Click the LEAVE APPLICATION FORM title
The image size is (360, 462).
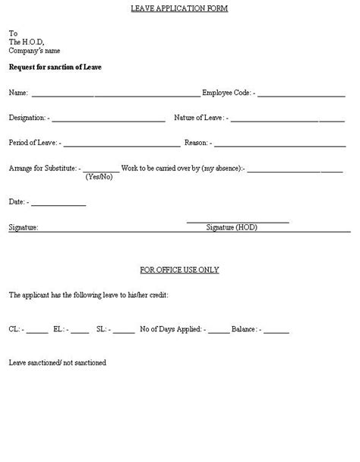pos(179,8)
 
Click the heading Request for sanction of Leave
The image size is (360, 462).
pos(55,67)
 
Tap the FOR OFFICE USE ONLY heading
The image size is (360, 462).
pos(180,270)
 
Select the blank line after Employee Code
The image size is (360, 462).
pos(302,95)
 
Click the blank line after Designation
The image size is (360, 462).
pos(109,120)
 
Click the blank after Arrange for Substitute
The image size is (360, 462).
pos(101,169)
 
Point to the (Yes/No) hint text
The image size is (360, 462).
pos(99,177)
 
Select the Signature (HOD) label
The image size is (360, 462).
pos(232,227)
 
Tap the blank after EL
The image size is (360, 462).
pos(80,331)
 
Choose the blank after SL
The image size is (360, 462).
pos(124,331)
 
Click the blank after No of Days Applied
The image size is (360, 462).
pos(219,331)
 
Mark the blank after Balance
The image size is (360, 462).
pos(276,331)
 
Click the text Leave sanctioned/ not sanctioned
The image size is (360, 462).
pos(58,362)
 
